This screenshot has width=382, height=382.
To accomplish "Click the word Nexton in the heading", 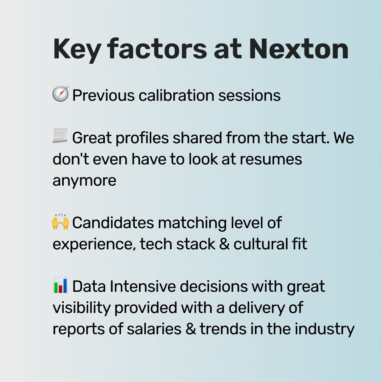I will point(299,49).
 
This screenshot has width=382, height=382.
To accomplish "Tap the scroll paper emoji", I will point(60,137).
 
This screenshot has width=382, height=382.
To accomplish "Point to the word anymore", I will point(85,181).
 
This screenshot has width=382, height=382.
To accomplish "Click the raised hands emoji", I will point(60,222).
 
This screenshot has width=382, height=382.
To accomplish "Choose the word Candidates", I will point(113,223).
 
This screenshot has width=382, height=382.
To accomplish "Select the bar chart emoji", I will point(60,286).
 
